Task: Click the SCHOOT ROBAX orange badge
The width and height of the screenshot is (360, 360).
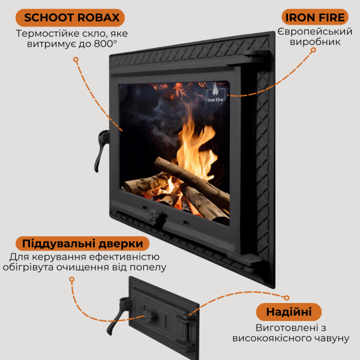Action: click(70, 17)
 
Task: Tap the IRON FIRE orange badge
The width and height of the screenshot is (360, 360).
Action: click(315, 17)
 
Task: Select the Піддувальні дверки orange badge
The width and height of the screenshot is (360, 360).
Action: click(82, 244)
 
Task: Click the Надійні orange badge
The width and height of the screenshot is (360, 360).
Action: click(289, 312)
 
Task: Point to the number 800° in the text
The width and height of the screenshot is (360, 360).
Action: click(106, 44)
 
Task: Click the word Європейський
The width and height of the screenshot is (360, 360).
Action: click(315, 32)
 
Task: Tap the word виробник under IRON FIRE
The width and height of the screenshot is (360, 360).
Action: click(315, 42)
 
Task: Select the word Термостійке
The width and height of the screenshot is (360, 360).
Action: click(47, 34)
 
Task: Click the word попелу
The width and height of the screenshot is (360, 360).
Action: click(148, 268)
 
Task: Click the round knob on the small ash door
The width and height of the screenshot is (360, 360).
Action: click(148, 316)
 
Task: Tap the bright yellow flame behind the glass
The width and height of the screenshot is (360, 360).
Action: click(196, 149)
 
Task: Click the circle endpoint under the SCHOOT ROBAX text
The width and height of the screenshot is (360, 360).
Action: click(76, 59)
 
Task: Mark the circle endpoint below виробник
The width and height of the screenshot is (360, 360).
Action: click(313, 50)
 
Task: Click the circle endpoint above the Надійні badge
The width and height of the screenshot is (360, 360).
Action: click(287, 298)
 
